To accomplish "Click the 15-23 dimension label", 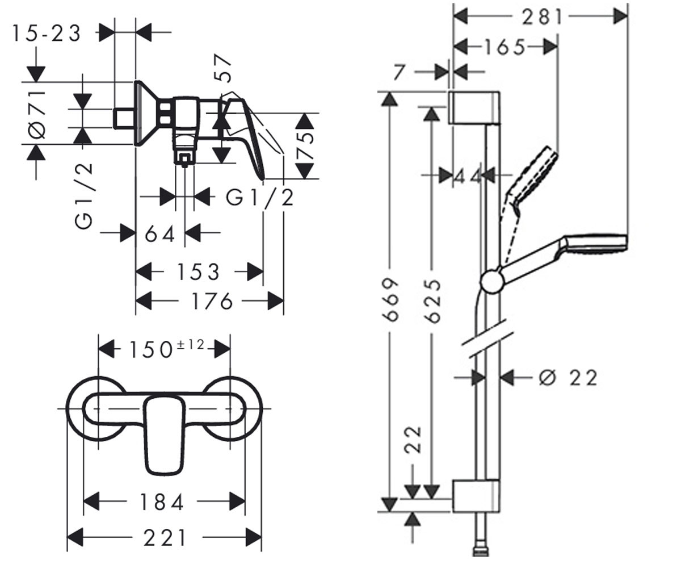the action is click(47, 34).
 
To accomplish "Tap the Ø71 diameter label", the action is click(37, 115).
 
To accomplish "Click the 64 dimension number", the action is click(160, 233).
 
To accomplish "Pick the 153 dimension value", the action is click(198, 272).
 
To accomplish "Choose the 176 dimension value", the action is click(212, 301).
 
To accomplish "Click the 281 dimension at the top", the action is click(543, 16).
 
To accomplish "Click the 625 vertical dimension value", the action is click(432, 301).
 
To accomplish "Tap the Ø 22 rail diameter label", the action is click(568, 378).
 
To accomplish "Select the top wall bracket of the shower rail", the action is click(474, 108).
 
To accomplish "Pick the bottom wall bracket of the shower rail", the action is click(476, 496).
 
